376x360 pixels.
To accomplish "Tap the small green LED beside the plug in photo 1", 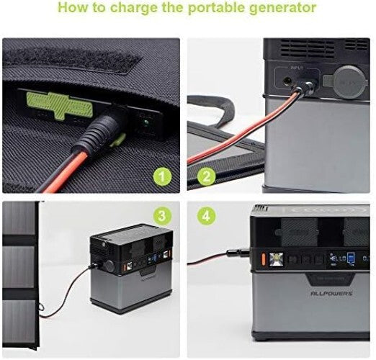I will pyautogui.click(x=146, y=122).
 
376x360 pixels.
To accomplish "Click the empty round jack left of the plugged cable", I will pyautogui.click(x=288, y=80).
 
